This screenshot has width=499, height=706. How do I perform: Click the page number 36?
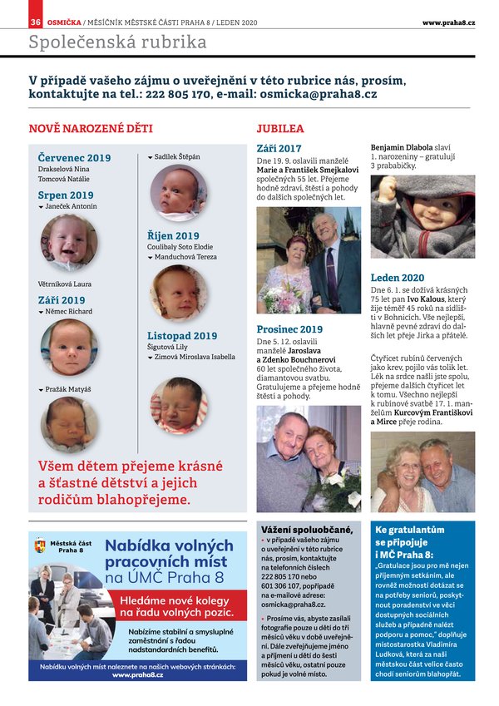[35, 22]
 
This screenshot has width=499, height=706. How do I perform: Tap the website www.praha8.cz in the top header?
[448, 22]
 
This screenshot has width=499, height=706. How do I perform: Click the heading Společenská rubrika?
[117, 42]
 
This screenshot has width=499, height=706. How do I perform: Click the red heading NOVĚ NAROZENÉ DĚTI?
[91, 129]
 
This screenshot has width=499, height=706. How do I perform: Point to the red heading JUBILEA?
[280, 129]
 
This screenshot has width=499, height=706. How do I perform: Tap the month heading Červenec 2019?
[74, 158]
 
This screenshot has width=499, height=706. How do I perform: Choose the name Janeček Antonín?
[71, 206]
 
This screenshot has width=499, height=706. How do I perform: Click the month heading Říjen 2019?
[173, 236]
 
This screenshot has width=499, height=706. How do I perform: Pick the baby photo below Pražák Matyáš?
[70, 424]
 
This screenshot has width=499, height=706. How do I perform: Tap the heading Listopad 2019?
[182, 336]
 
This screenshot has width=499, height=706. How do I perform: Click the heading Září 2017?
[279, 149]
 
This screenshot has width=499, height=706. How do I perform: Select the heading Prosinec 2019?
[289, 329]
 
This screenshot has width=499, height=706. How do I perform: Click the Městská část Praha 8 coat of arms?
[40, 546]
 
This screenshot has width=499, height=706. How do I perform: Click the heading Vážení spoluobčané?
[307, 530]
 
